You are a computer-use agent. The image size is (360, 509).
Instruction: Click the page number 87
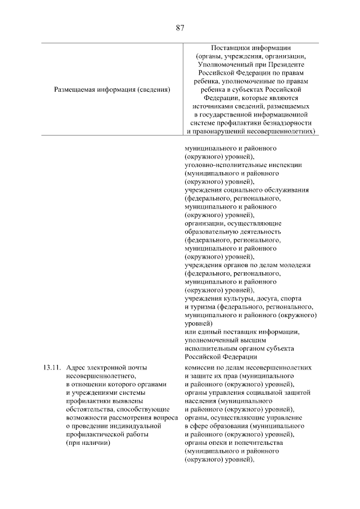point(180,27)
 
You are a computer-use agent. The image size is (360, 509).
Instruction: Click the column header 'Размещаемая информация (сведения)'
point(112,89)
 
